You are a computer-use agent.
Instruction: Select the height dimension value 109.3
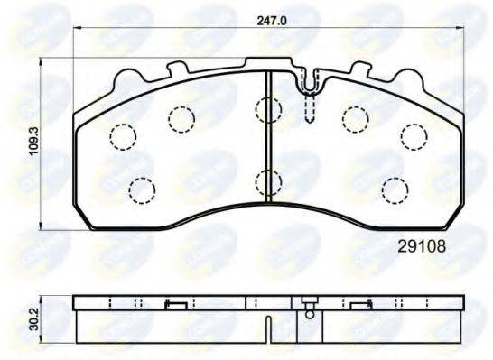(x=33, y=142)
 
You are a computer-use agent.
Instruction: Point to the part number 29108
(x=423, y=243)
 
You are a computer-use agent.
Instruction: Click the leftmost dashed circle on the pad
(x=122, y=136)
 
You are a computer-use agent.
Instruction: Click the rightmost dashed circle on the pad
(x=414, y=135)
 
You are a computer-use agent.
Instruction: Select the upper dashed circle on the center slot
(x=268, y=110)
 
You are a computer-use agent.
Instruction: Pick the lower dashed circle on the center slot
(x=268, y=183)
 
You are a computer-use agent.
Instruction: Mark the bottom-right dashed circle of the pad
(x=395, y=189)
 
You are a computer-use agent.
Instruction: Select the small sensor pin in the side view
(x=311, y=312)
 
